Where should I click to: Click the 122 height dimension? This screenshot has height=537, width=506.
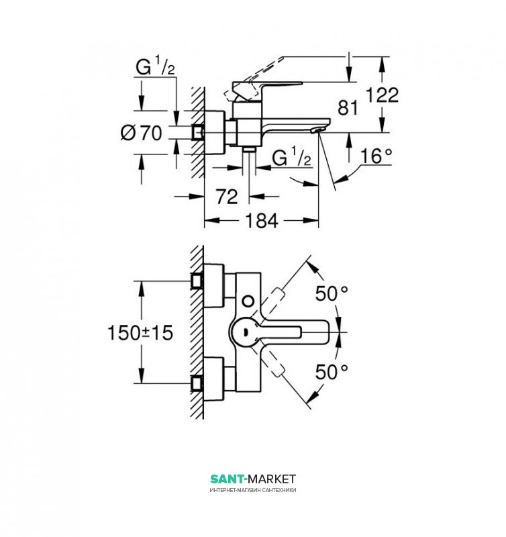(383, 95)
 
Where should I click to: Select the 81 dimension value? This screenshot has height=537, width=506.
(348, 108)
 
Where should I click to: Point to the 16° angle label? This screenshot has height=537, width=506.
(376, 156)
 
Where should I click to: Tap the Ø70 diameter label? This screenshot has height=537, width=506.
(141, 132)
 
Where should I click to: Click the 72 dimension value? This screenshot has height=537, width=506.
(227, 197)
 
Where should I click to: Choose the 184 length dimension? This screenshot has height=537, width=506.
(262, 220)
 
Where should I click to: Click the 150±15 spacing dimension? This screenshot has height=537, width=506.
(140, 332)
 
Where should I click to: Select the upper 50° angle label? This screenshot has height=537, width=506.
(332, 293)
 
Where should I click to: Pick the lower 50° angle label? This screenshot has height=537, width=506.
(332, 372)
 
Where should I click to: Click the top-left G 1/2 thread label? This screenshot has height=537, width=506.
(155, 66)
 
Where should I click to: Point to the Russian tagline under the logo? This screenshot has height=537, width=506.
(253, 490)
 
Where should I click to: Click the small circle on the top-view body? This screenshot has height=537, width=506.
(248, 301)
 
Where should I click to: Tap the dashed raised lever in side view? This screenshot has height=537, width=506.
(254, 79)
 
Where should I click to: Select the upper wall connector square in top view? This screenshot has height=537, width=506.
(197, 281)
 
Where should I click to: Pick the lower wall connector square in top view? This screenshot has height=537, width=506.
(197, 383)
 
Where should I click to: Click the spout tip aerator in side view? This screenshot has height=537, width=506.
(317, 130)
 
